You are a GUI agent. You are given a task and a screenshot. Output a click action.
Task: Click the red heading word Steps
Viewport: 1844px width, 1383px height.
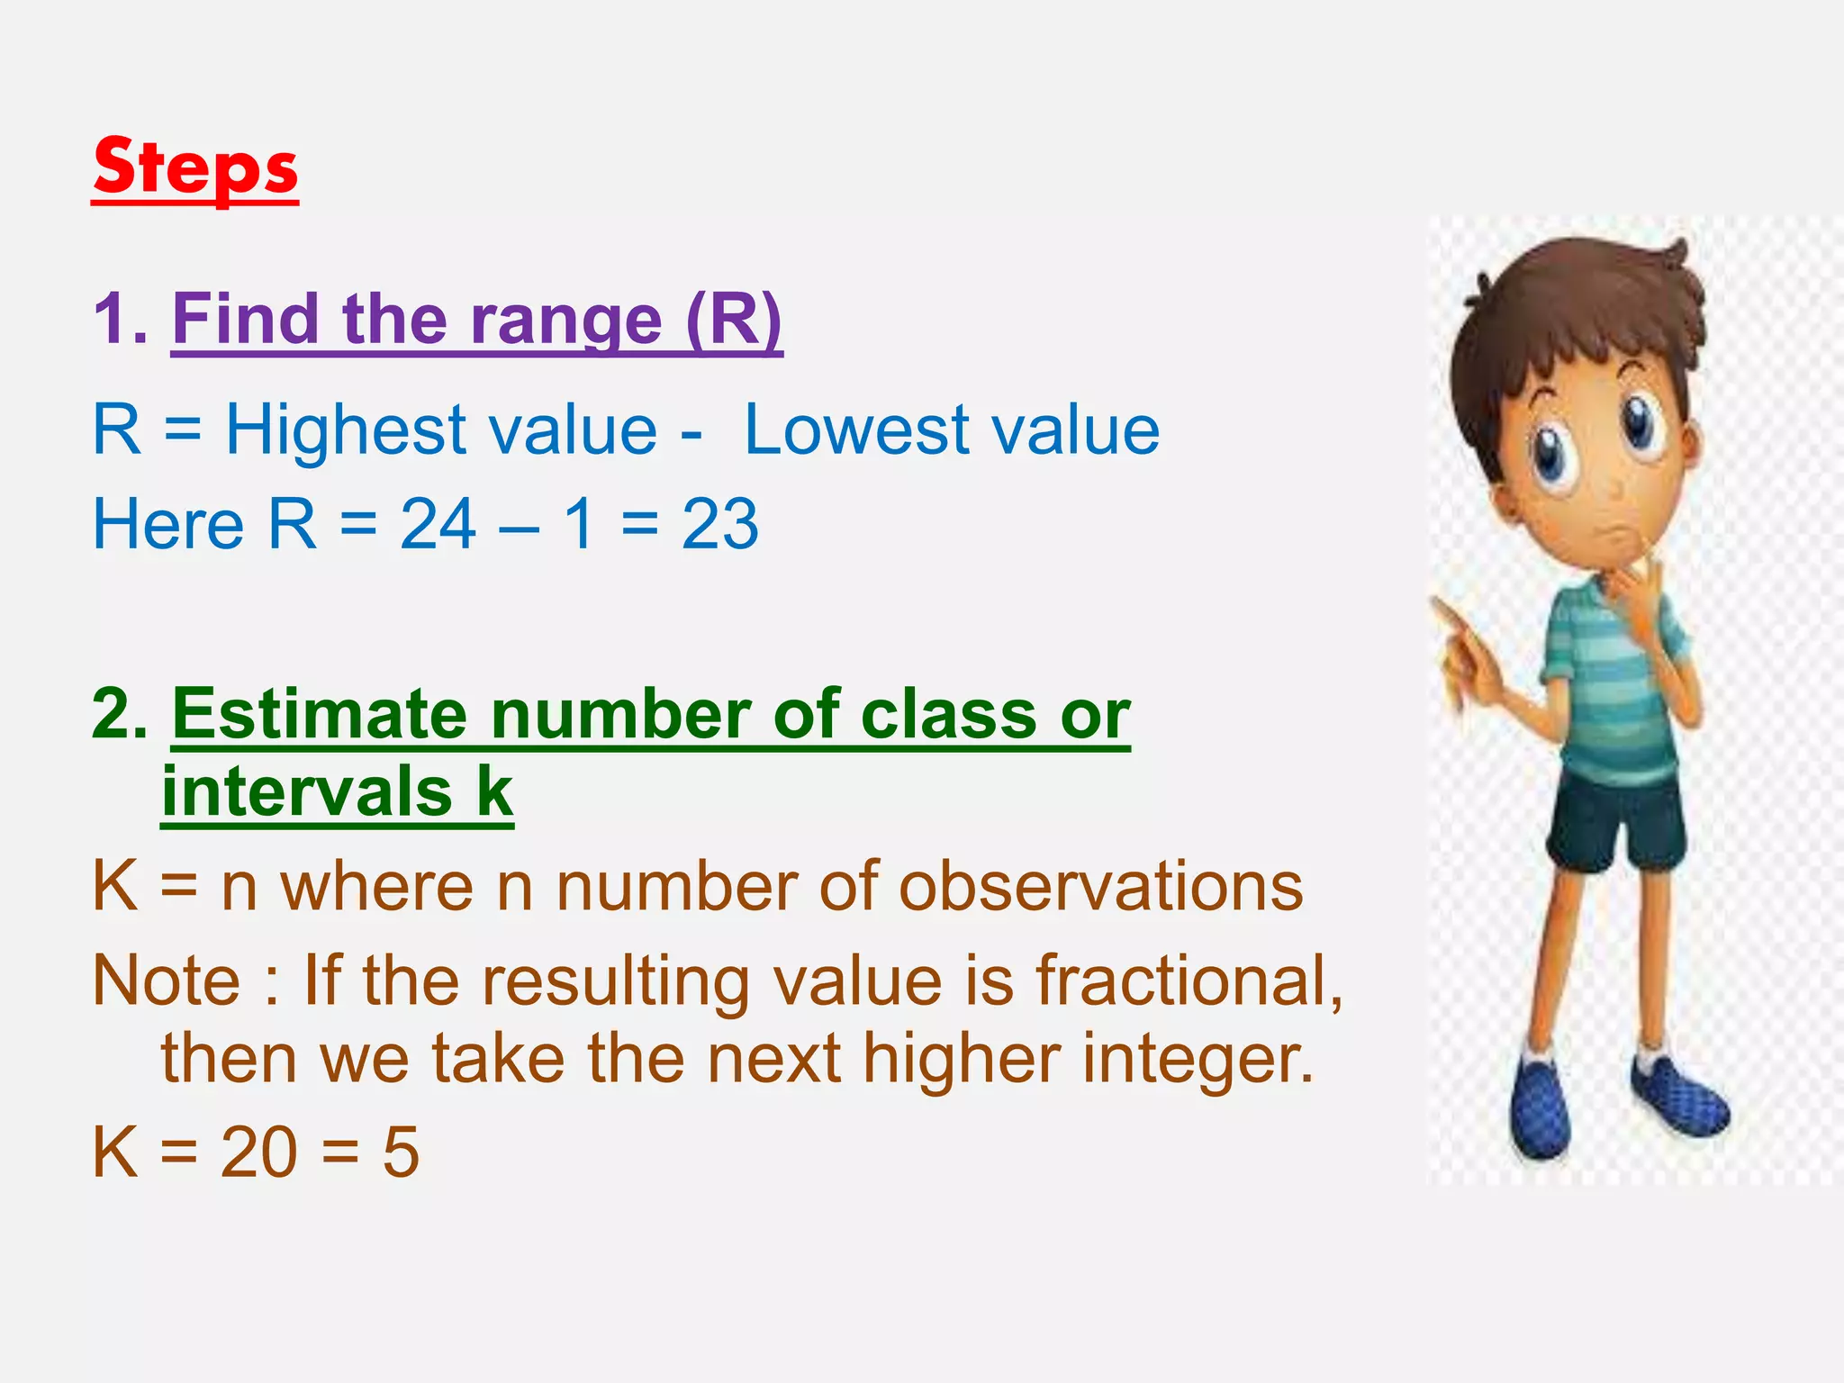[194, 168]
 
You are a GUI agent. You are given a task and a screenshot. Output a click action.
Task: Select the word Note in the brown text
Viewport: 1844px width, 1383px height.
[167, 981]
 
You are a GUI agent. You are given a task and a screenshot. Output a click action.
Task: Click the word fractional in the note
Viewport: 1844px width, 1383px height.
[1187, 981]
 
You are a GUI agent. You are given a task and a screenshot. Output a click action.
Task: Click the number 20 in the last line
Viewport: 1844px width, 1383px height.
[258, 1152]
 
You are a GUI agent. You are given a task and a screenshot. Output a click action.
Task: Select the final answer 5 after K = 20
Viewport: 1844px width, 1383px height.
[401, 1152]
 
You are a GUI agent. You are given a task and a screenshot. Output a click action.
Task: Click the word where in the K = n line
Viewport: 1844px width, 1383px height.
[376, 887]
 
